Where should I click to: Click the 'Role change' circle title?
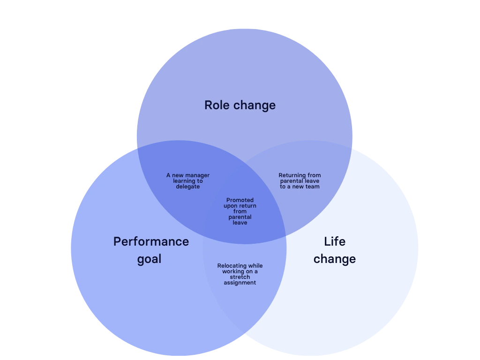[x=240, y=105]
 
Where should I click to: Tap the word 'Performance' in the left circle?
[x=151, y=241]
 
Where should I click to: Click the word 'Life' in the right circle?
[x=335, y=241]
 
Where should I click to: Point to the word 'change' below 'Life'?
[x=335, y=259]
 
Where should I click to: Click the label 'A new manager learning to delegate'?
[x=188, y=181]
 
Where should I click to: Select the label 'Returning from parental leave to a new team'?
[x=300, y=181]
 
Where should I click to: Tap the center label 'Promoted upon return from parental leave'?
[x=240, y=211]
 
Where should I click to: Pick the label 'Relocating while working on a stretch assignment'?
[x=240, y=274]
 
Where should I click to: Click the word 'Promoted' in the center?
[x=240, y=200]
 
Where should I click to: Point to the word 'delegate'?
[x=188, y=187]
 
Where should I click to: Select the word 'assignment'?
[x=240, y=283]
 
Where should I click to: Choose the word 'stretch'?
[x=240, y=277]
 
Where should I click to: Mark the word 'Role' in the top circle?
[x=217, y=105]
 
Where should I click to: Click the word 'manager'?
[x=198, y=175]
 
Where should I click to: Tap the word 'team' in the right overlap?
[x=313, y=187]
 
